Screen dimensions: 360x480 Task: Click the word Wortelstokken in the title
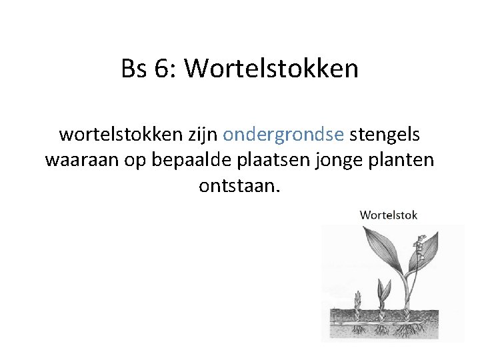tap(271, 68)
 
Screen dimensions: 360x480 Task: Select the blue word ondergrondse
tap(283, 135)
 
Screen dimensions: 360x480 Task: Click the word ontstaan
tap(240, 186)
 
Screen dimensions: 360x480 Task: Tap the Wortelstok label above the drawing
tap(389, 215)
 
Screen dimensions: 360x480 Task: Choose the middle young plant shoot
tap(383, 293)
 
